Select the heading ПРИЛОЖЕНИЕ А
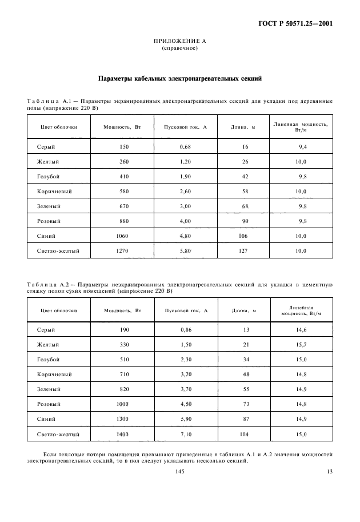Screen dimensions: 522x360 [x=180, y=42]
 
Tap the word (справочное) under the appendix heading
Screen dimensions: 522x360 [x=180, y=48]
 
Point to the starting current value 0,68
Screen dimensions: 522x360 [x=185, y=147]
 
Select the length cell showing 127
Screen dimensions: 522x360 [x=245, y=251]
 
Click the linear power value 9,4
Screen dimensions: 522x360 [x=302, y=147]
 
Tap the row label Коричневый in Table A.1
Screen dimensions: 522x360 [x=54, y=192]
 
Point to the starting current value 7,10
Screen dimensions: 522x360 [x=185, y=435]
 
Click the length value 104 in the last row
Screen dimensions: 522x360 [x=245, y=435]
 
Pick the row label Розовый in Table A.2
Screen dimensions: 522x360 [x=49, y=404]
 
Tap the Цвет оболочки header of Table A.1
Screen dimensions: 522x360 [x=58, y=126]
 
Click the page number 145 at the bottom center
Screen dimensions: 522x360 [x=179, y=471]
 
